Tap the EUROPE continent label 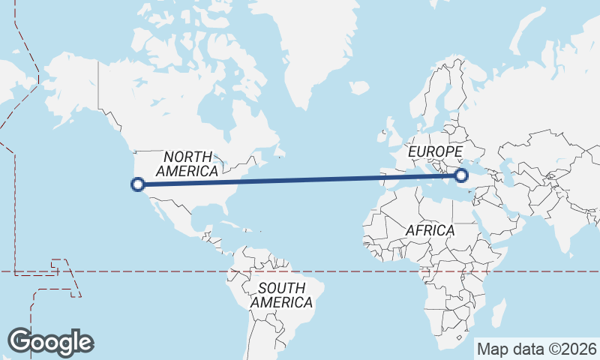(x=435, y=153)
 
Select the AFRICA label (x=430, y=230)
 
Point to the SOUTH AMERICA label (x=281, y=295)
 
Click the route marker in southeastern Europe (x=461, y=175)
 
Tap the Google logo (x=50, y=341)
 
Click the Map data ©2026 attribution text (x=537, y=349)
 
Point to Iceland (x=358, y=88)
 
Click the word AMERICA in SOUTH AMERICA (x=281, y=302)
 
